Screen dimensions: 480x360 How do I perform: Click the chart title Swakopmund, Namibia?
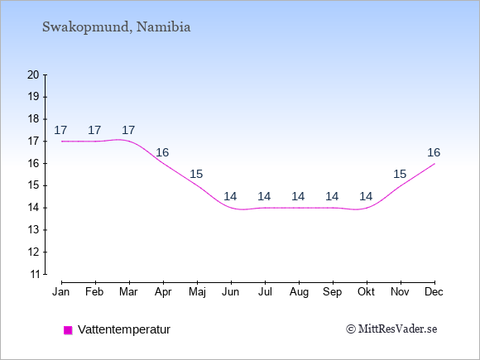117,27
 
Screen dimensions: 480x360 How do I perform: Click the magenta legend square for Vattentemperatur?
68,330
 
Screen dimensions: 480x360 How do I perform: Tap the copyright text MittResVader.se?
391,329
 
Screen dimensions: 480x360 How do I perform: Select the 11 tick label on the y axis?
34,274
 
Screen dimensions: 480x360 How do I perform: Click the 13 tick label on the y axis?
34,230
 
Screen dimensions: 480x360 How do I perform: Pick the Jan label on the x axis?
61,292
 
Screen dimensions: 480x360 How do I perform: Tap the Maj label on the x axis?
197,292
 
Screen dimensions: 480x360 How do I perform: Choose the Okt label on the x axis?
366,292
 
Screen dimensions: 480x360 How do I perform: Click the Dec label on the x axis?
434,292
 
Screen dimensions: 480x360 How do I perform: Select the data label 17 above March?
128,130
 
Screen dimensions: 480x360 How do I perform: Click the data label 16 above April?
162,152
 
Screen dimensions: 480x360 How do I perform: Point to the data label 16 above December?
434,152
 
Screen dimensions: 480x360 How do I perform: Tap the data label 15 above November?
400,174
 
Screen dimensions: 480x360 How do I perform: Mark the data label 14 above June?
230,196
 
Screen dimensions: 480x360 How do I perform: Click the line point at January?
62,142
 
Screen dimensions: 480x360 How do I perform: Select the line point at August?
299,208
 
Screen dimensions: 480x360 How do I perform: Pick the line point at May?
198,185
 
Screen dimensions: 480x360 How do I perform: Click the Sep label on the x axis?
332,292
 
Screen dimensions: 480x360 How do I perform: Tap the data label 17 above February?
94,130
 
